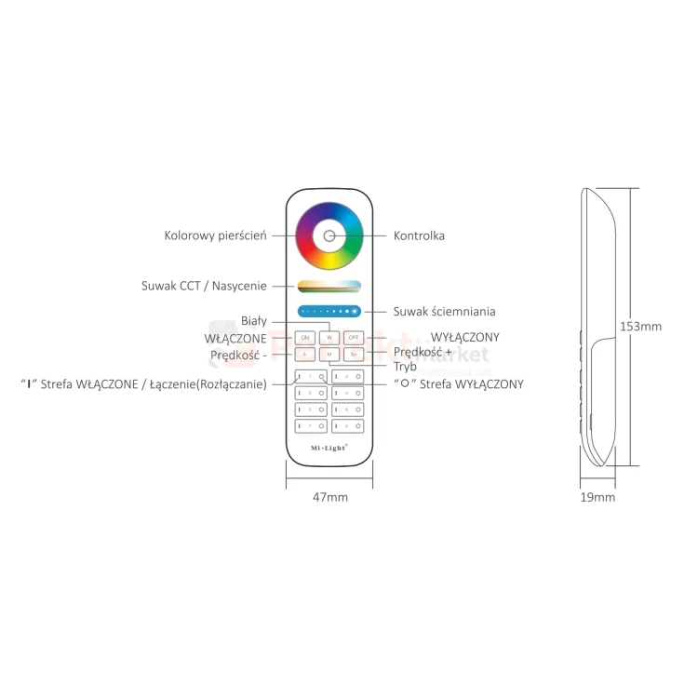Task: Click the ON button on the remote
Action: [x=305, y=337]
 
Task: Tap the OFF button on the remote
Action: [x=354, y=337]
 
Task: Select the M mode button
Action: [x=329, y=355]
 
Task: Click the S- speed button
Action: [x=305, y=355]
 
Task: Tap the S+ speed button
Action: [x=354, y=355]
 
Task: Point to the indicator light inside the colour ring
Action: [x=329, y=235]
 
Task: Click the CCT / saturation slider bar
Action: [x=329, y=287]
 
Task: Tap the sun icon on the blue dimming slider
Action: [x=355, y=312]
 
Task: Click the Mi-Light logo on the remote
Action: [x=329, y=449]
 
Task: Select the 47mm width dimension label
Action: [x=329, y=498]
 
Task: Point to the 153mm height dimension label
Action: [x=640, y=327]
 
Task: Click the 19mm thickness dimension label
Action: [x=597, y=498]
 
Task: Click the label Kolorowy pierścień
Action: [x=216, y=235]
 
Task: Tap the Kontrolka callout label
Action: [x=419, y=236]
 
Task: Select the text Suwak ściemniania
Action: [x=444, y=312]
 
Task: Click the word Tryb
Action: [x=405, y=367]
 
